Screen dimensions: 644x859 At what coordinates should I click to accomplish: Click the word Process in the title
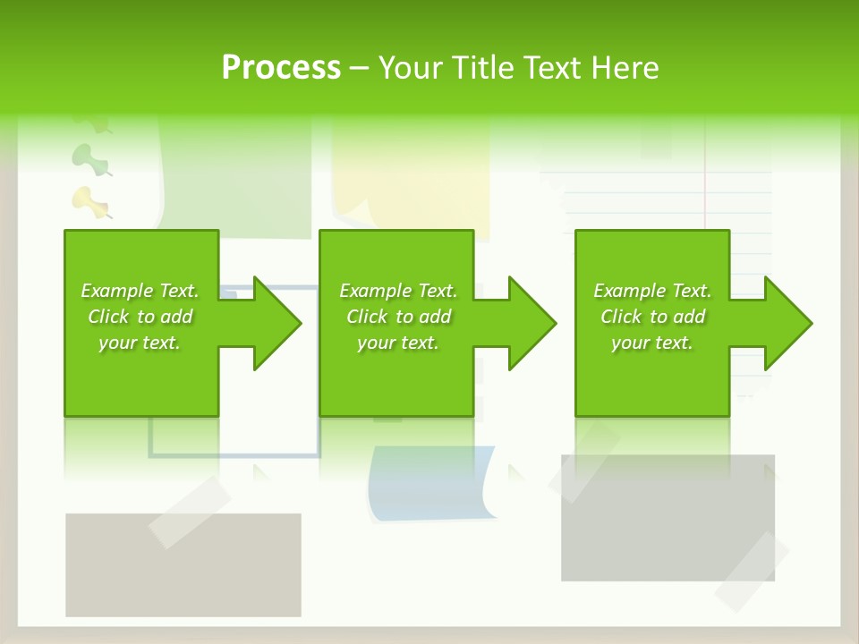coord(281,68)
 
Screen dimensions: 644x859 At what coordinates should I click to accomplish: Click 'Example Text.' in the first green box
coord(140,291)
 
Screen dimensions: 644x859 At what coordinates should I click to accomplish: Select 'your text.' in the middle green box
coord(397,343)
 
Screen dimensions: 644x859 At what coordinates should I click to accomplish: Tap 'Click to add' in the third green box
coord(652,317)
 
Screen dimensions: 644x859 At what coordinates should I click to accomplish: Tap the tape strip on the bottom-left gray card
coord(190,511)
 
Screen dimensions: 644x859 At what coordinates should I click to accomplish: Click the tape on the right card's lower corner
coord(751,572)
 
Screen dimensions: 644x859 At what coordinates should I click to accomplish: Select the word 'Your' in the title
coord(412,68)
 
